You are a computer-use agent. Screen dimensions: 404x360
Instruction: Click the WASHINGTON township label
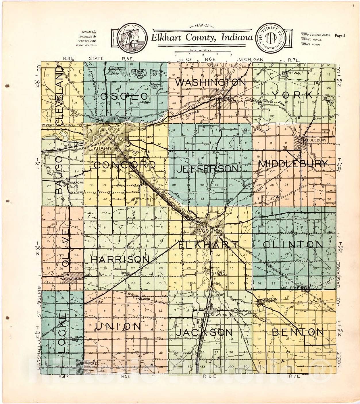point(211,83)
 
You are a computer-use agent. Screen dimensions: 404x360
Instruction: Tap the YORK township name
point(292,95)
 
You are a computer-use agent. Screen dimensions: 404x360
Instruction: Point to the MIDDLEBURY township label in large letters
point(293,164)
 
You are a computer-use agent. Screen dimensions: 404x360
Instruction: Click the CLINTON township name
point(293,245)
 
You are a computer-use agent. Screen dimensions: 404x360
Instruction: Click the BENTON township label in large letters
point(298,332)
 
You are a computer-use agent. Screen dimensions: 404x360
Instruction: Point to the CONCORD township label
point(124,165)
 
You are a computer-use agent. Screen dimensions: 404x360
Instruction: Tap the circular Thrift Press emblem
point(269,37)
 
